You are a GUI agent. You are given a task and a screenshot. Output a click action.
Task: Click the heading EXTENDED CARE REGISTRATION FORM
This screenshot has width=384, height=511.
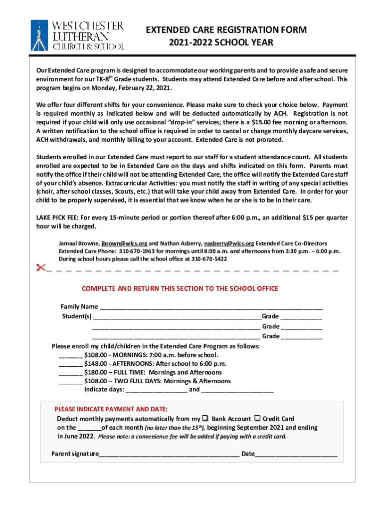click(226, 30)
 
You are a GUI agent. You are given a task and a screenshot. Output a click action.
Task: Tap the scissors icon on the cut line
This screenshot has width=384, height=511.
click(40, 268)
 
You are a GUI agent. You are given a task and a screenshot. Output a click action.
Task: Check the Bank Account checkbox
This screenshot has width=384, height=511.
click(204, 418)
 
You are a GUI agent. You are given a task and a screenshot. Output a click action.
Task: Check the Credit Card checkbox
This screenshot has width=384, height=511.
click(257, 418)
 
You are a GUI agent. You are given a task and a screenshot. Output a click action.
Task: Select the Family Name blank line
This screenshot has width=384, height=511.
click(210, 308)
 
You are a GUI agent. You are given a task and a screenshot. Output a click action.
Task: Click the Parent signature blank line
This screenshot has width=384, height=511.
click(169, 455)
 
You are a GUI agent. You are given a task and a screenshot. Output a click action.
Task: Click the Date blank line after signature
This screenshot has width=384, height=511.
click(296, 455)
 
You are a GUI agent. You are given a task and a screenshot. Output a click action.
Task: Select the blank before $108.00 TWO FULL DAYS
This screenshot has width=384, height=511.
click(70, 382)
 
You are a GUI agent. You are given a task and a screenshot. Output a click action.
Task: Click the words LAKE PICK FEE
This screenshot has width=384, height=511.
click(57, 218)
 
